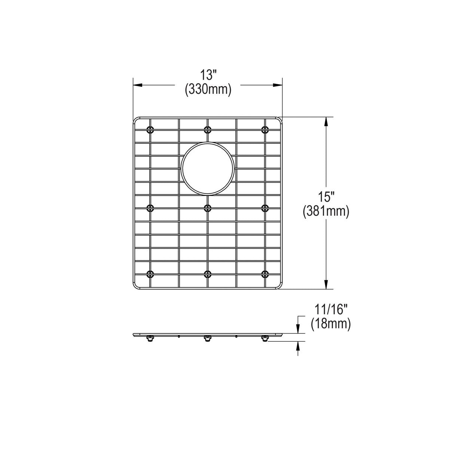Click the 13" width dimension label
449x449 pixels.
208,75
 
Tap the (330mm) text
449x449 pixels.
208,90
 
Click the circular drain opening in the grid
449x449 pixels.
208,169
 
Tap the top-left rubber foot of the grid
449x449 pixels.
150,130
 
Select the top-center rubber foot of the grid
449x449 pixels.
208,130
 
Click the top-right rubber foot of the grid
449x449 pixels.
265,130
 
